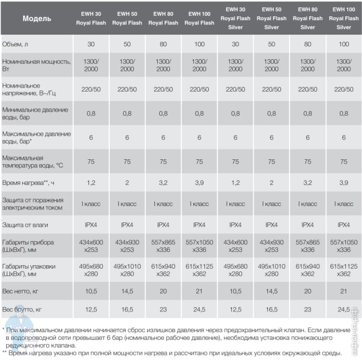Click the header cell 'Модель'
[x=37, y=18]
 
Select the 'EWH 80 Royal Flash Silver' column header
[x=308, y=18]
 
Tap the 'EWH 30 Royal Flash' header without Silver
[x=91, y=18]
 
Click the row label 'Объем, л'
[x=16, y=44]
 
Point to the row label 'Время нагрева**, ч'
[x=30, y=183]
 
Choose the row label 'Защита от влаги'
[x=25, y=225]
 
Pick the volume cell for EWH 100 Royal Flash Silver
[x=344, y=44]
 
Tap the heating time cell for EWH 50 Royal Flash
[x=127, y=183]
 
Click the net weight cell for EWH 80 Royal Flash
[x=163, y=291]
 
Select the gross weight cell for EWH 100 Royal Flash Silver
[x=344, y=309]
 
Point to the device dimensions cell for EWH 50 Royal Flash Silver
[x=272, y=246]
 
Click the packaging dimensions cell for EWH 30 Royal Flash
[x=91, y=270]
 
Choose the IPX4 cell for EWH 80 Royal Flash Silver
[x=308, y=225]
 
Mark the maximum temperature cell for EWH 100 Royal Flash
[x=200, y=162]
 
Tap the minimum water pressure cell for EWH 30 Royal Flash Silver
[x=236, y=114]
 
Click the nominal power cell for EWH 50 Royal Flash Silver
[x=272, y=65]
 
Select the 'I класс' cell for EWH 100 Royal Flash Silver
[x=344, y=204]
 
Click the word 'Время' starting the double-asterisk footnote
[x=19, y=353]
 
